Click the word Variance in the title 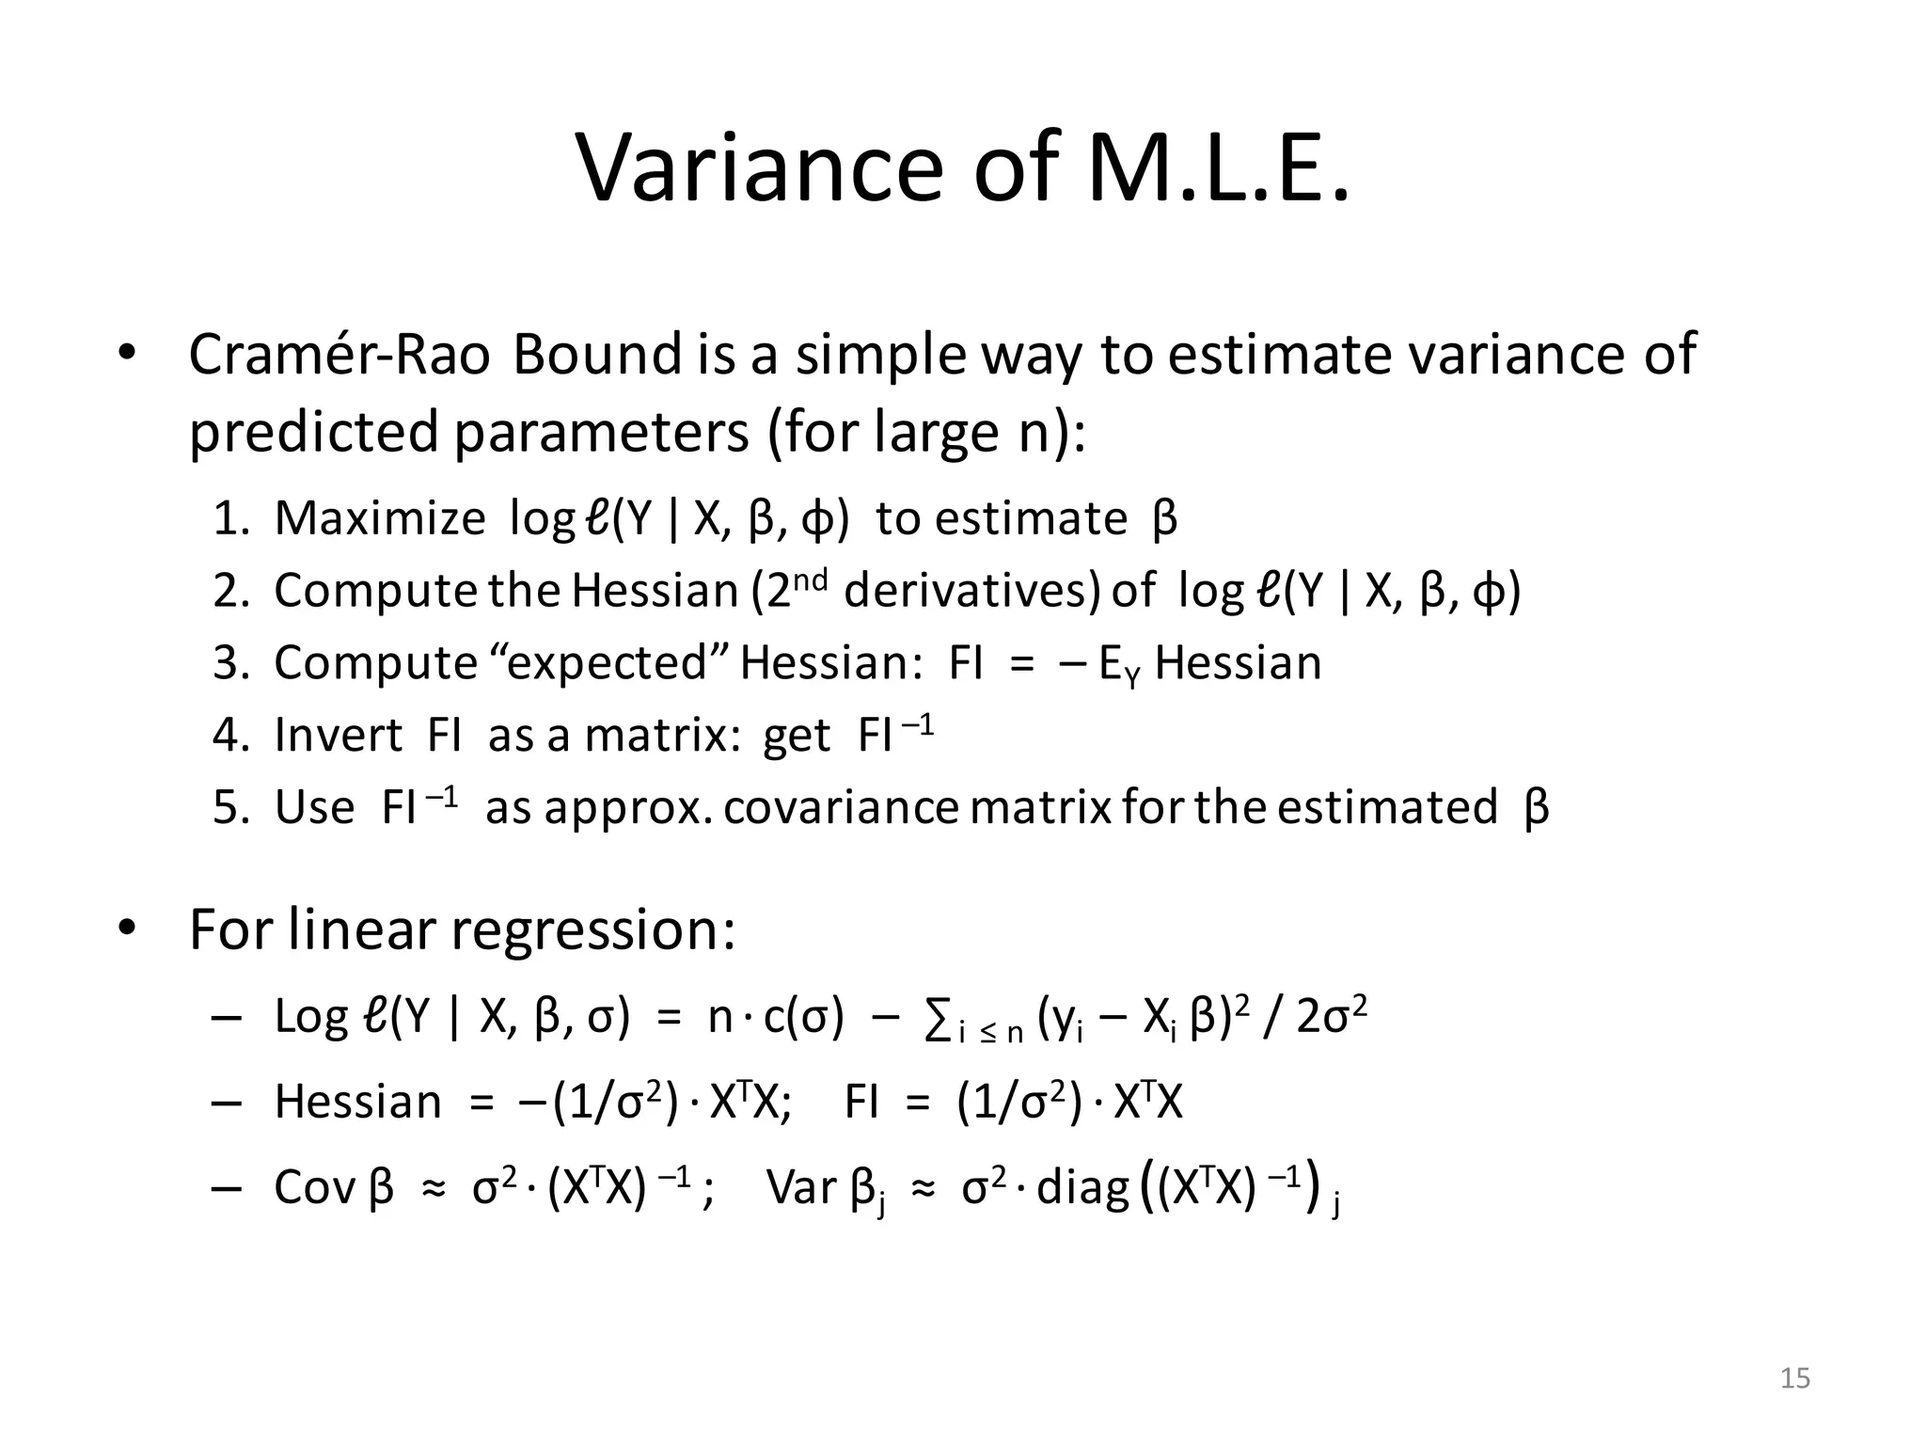[758, 169]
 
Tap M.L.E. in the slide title [1219, 169]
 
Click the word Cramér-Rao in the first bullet [339, 355]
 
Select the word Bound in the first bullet [597, 355]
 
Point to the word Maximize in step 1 [380, 518]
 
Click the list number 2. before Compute [230, 591]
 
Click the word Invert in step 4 [339, 735]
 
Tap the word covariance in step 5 [842, 807]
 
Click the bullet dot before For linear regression [127, 929]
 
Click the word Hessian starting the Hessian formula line [357, 1102]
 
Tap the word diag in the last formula [1082, 1187]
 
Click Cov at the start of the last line [314, 1187]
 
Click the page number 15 [1795, 1379]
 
